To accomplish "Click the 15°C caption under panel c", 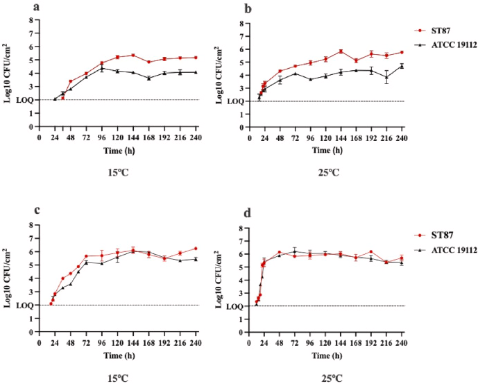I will [110, 376].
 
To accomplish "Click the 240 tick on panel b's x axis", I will [402, 139].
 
